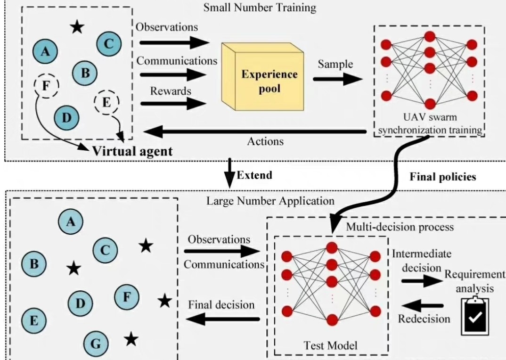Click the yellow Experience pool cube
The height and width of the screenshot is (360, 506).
point(263,77)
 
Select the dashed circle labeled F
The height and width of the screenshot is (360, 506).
point(47,86)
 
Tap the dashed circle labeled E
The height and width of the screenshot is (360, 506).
point(106,102)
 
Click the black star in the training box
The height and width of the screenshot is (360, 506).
point(77,26)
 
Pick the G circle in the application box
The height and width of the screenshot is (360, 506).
point(96,343)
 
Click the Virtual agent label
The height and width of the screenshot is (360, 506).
point(132,151)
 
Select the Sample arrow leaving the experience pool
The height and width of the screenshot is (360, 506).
point(337,79)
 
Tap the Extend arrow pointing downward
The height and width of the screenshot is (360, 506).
point(229,173)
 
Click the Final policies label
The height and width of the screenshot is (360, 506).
point(443,177)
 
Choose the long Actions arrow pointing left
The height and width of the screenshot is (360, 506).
point(254,131)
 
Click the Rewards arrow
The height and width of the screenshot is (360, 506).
point(173,103)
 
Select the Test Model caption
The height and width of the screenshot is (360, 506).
point(330,345)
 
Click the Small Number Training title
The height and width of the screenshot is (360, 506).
point(260,8)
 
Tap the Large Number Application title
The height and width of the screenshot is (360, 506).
point(270,201)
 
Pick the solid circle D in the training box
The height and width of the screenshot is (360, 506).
point(66,117)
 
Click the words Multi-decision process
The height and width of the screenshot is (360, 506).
point(400,227)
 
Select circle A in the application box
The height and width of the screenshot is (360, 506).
point(71,221)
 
